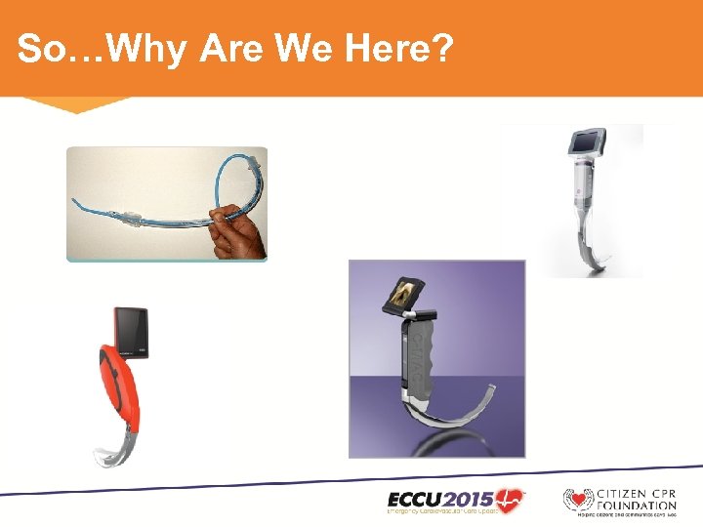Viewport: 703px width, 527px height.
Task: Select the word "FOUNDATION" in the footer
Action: tap(637, 505)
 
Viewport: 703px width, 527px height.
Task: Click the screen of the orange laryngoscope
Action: tap(130, 329)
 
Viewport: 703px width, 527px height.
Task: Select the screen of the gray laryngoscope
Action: tap(403, 293)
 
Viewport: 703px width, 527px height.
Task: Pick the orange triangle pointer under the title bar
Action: tap(76, 103)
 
